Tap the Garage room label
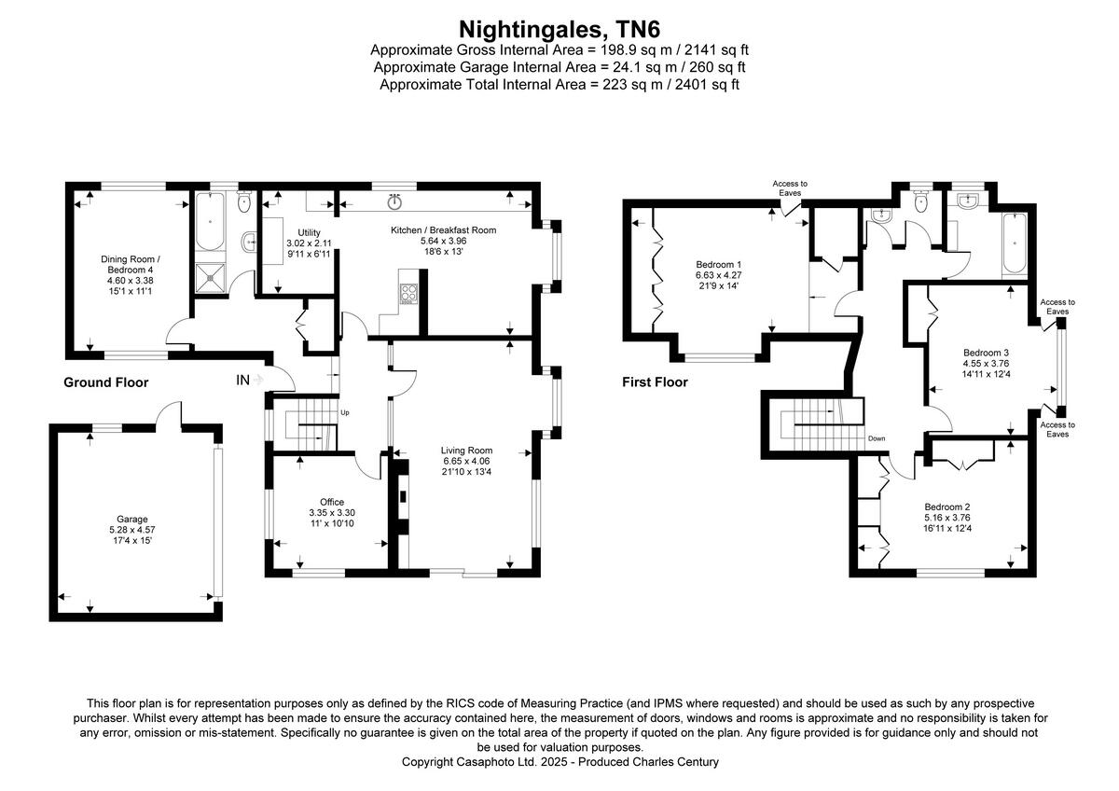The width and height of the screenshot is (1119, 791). [131, 519]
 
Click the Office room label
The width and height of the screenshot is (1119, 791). [332, 502]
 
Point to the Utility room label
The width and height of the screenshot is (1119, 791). [309, 232]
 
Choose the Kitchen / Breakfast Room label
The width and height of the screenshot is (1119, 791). [443, 229]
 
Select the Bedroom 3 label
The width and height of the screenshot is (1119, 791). [987, 353]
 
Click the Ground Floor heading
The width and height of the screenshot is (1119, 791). [105, 382]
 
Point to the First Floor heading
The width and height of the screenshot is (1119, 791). [655, 382]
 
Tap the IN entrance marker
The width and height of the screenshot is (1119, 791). [243, 380]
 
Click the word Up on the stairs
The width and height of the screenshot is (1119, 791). [344, 412]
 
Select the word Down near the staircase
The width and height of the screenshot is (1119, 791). [876, 438]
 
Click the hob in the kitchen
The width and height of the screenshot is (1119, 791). [408, 296]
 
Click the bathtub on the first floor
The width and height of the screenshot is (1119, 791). [1014, 244]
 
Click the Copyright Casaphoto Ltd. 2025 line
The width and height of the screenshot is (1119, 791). [559, 762]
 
